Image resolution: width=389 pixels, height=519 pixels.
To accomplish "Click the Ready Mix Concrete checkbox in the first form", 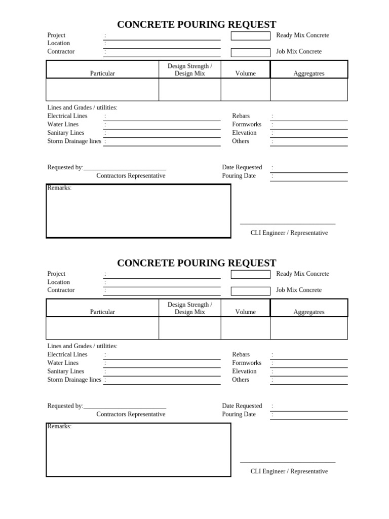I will click(250, 36).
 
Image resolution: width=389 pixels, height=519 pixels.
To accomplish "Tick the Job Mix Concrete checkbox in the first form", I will click(250, 53).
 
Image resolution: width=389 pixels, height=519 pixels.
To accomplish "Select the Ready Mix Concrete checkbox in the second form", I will click(250, 274).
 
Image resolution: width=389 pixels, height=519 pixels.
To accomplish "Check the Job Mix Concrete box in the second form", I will click(250, 291).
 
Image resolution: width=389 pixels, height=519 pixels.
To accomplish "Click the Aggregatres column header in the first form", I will click(308, 73).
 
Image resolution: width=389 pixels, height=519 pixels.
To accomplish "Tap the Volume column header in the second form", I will click(245, 312).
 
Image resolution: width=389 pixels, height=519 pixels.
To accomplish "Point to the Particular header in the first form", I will click(102, 73).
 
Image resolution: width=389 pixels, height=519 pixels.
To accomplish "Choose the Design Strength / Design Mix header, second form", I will click(189, 308).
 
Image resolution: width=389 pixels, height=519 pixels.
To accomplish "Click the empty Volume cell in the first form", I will click(245, 90).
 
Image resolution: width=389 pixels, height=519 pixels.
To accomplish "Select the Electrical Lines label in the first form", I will click(67, 116).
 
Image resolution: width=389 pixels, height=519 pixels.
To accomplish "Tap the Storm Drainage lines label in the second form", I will click(74, 380).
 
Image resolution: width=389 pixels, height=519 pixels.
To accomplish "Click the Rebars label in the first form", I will click(241, 116).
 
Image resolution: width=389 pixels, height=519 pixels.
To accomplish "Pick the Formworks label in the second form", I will click(247, 363).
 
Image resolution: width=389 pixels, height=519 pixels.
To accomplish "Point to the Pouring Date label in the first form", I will click(239, 176).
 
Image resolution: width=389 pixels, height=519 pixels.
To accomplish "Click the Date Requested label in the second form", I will click(242, 406).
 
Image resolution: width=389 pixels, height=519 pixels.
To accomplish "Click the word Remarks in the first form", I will click(59, 188).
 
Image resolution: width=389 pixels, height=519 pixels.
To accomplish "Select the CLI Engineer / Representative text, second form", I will click(289, 471).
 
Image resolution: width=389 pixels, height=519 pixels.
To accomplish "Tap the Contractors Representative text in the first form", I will click(131, 176).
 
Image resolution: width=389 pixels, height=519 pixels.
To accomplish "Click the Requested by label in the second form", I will click(65, 406).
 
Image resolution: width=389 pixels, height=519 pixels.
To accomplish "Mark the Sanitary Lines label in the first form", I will click(66, 133).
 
